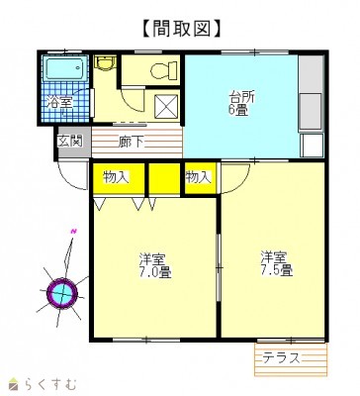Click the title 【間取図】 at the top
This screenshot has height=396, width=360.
tap(179, 27)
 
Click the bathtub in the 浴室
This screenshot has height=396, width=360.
tap(64, 70)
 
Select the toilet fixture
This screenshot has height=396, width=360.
tap(162, 70)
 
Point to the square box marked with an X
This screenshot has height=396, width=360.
tap(166, 106)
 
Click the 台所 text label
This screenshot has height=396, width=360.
tap(242, 97)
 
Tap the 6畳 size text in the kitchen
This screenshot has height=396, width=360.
tap(241, 111)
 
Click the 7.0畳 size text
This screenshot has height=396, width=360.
tap(155, 272)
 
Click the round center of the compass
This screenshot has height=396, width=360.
tap(62, 292)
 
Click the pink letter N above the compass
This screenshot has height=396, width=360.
tap(73, 232)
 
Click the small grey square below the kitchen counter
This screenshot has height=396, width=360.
tap(312, 146)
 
